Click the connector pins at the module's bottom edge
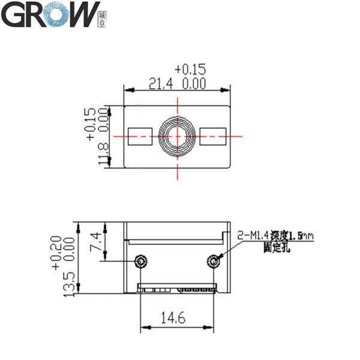(178, 289)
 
